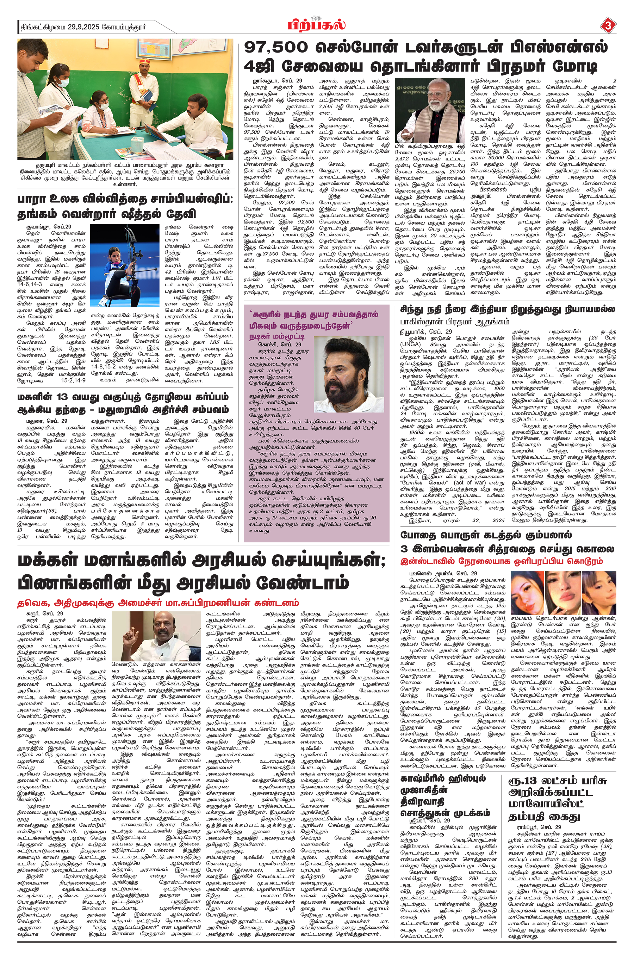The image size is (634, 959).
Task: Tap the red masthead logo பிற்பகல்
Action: click(x=317, y=25)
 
